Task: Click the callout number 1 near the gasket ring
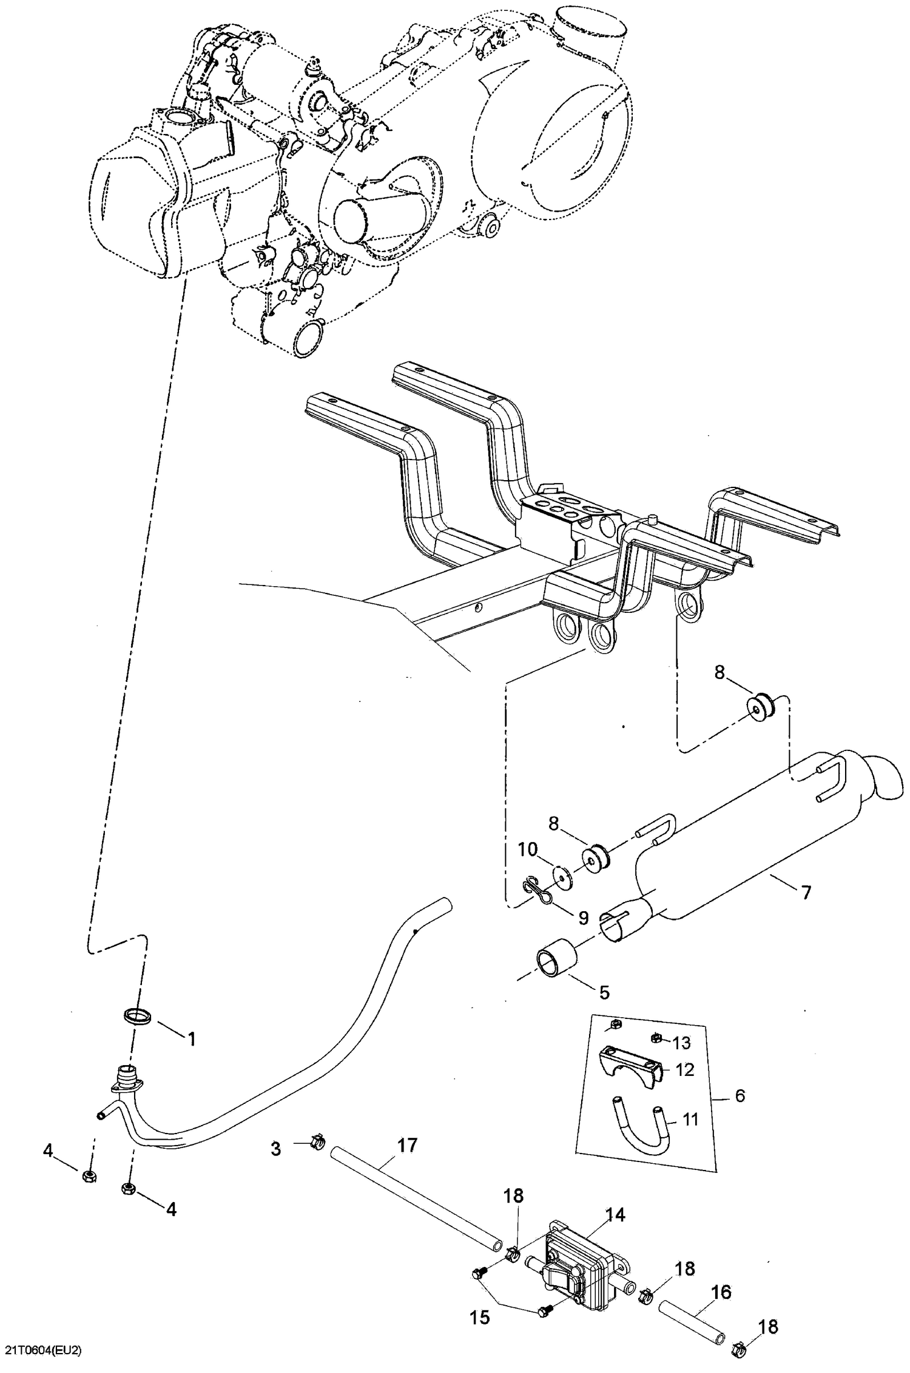[x=192, y=1039]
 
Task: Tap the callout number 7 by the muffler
[x=806, y=892]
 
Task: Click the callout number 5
[x=604, y=992]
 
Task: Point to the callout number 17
[x=407, y=1145]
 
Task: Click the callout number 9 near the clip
[x=583, y=918]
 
